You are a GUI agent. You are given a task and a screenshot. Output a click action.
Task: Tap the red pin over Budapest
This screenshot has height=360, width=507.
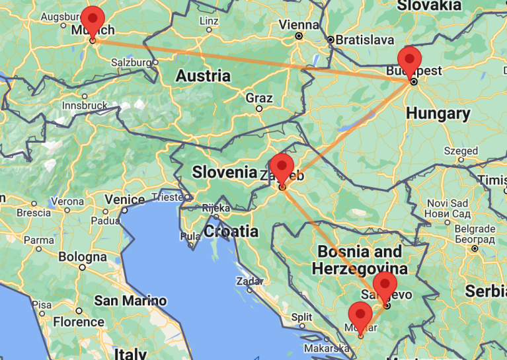click(410, 61)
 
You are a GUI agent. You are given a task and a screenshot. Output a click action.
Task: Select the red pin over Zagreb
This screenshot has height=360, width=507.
click(282, 166)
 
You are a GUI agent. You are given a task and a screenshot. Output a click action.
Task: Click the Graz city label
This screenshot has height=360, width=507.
click(258, 98)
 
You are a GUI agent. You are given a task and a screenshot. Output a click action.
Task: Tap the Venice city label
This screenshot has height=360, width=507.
click(124, 199)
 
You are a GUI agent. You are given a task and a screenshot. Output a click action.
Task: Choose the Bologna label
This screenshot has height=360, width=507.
click(83, 256)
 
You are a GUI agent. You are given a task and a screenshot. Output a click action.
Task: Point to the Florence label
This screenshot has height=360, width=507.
click(78, 322)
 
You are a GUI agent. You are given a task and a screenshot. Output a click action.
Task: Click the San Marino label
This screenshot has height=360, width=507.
click(130, 301)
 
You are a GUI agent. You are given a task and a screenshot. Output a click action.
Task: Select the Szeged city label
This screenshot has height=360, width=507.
click(461, 151)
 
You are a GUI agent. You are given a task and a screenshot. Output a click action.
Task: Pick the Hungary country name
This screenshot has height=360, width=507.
click(438, 114)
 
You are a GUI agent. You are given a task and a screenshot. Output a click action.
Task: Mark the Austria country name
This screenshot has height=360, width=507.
click(203, 75)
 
